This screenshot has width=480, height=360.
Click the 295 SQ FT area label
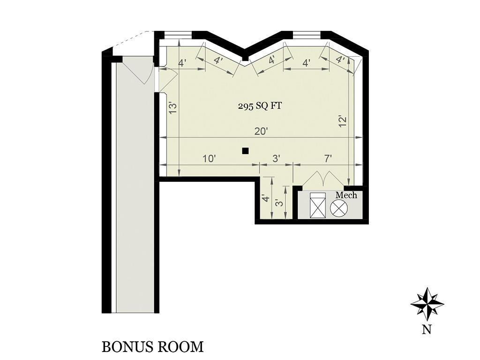click(x=260, y=106)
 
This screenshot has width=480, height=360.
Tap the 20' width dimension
click(x=261, y=131)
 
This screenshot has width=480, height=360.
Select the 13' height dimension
click(x=173, y=108)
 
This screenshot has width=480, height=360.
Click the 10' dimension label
click(x=210, y=159)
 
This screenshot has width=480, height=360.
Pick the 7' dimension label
click(x=328, y=159)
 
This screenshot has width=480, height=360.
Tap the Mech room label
click(x=346, y=195)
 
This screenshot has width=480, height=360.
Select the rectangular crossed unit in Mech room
click(x=317, y=205)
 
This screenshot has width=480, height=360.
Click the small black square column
click(x=245, y=150)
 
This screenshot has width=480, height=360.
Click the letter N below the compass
click(x=427, y=330)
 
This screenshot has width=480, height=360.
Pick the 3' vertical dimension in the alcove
click(x=279, y=203)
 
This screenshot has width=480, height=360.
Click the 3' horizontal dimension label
click(x=276, y=159)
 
